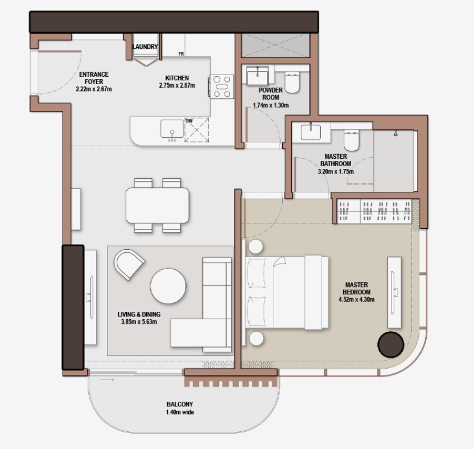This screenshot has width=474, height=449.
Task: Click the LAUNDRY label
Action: [x=145, y=47]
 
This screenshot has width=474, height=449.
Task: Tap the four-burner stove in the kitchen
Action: [x=222, y=86]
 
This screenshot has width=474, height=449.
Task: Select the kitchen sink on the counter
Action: [x=172, y=129]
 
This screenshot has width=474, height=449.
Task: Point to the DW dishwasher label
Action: [x=189, y=121]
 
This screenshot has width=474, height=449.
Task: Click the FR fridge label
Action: [x=181, y=54]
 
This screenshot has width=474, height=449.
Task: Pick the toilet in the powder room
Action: [x=292, y=83]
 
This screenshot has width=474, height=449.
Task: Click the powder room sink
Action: [x=257, y=76]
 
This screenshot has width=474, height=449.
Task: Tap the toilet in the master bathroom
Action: [x=351, y=141]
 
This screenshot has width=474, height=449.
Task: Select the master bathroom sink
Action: [x=311, y=132]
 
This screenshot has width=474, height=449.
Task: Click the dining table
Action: [x=158, y=205]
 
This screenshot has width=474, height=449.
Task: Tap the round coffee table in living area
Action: [x=168, y=286]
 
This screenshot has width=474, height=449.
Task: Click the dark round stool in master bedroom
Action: [x=391, y=345]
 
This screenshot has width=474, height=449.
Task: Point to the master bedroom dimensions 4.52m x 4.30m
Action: [x=356, y=300]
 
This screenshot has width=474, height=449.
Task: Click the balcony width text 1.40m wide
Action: [x=180, y=412]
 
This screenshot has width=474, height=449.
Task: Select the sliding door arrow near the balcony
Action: [x=107, y=380]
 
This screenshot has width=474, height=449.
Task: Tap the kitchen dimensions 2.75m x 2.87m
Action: [x=177, y=85]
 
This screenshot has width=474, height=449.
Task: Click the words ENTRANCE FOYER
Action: [x=94, y=78]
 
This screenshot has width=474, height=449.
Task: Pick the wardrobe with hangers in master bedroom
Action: [x=375, y=211]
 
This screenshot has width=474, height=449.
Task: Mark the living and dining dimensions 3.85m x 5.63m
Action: [x=139, y=322]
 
